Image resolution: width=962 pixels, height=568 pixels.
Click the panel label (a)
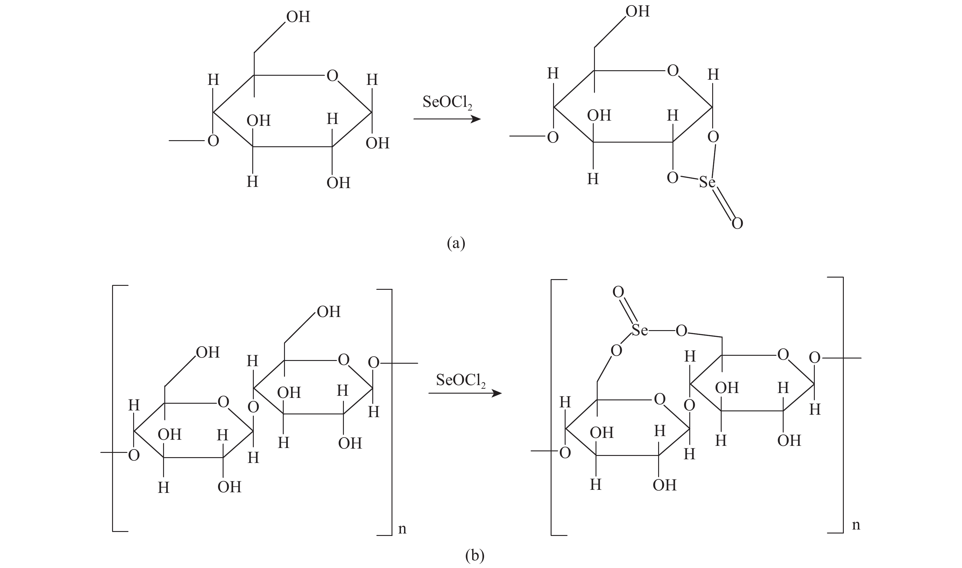pyautogui.click(x=456, y=243)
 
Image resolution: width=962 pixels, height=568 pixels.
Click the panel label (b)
pyautogui.click(x=475, y=555)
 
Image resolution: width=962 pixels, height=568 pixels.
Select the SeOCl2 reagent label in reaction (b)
pyautogui.click(x=461, y=380)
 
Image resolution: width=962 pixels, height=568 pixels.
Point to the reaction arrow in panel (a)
pyautogui.click(x=446, y=119)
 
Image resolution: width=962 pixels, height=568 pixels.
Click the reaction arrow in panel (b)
pyautogui.click(x=465, y=393)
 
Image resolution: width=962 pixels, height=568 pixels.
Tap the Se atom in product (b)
pyautogui.click(x=640, y=330)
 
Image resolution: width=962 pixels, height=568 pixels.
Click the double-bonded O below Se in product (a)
pyautogui.click(x=737, y=223)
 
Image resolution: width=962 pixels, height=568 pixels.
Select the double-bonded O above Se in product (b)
pyautogui.click(x=618, y=293)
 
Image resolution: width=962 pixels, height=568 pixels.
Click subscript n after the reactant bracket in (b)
pyautogui.click(x=402, y=529)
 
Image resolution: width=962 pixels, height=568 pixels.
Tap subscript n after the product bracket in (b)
pyautogui.click(x=856, y=525)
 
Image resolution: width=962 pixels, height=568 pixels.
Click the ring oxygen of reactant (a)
pyautogui.click(x=332, y=76)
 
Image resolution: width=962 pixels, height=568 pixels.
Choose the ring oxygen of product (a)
pyautogui.click(x=673, y=71)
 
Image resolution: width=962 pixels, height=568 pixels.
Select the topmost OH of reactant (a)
pyautogui.click(x=298, y=17)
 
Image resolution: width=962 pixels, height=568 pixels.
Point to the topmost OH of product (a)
pyautogui.click(x=637, y=12)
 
